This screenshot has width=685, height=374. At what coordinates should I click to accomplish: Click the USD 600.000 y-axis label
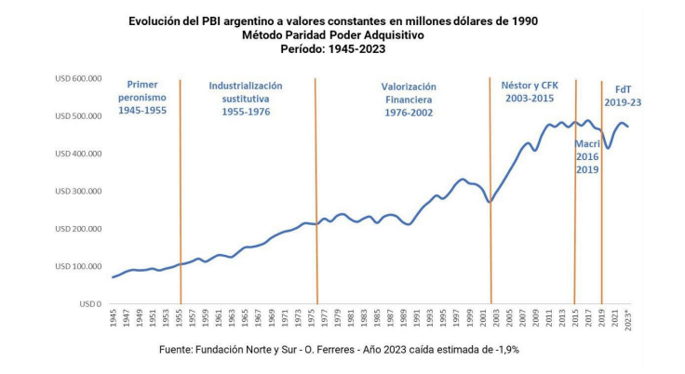(x=77, y=78)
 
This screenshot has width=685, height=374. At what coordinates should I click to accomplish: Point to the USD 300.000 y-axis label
(x=77, y=191)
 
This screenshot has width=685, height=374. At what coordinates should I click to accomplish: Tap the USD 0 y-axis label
(x=89, y=303)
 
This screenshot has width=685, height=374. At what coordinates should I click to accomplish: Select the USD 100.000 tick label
(x=77, y=266)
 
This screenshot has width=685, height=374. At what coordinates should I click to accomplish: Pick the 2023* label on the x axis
(x=627, y=319)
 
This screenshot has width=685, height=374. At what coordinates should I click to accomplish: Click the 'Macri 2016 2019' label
(x=586, y=157)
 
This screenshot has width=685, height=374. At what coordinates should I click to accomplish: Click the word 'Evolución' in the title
(x=154, y=20)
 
